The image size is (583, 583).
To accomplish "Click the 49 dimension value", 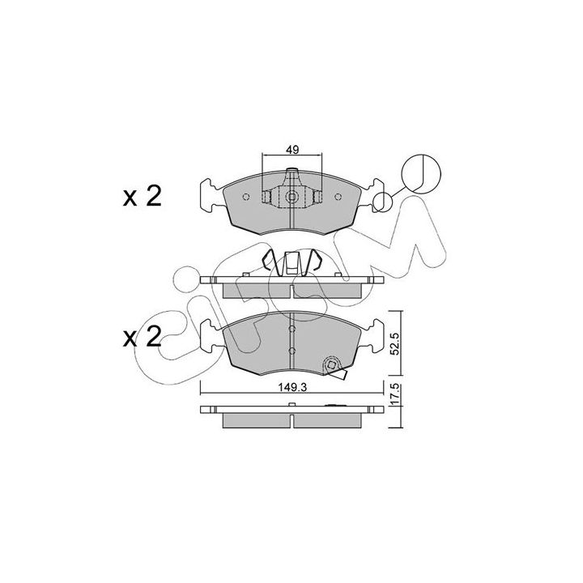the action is tap(292, 150).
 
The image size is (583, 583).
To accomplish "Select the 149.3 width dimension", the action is tap(292, 387).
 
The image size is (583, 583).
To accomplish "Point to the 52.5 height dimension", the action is tap(395, 343).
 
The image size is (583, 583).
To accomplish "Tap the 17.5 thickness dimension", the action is tap(395, 395).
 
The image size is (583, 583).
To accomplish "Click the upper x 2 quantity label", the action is tap(143, 197).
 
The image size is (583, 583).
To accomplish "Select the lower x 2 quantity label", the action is tap(143, 337).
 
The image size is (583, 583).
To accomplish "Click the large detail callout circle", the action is tap(421, 173).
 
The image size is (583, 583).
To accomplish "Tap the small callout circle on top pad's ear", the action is tap(382, 202).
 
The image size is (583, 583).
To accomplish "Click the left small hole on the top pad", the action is tap(246, 197).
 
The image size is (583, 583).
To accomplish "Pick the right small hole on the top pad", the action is tap(338, 197).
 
